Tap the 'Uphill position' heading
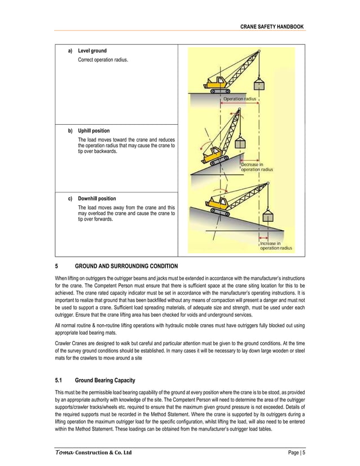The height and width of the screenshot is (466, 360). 94,131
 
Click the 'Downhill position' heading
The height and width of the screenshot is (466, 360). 97,199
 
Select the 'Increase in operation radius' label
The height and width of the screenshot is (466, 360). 275,246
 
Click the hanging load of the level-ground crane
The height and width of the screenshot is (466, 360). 258,86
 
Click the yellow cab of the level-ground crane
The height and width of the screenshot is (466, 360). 215,80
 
